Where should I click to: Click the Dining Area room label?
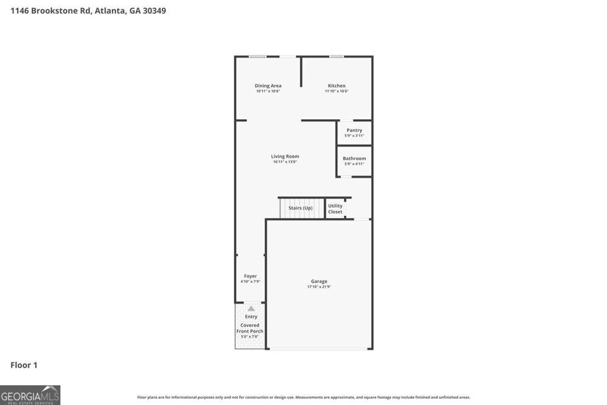268,85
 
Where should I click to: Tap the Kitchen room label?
337,85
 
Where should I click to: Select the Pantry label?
354,130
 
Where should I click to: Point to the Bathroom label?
354,158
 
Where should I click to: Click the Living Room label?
285,156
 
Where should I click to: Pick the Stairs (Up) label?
301,208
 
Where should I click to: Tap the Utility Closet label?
336,209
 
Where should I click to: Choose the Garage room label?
319,281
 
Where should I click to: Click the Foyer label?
250,276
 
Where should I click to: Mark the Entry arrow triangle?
251,308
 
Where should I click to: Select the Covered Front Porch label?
250,328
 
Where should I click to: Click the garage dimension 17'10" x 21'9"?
319,287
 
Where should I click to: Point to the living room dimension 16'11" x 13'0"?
285,162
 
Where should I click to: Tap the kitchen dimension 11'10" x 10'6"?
337,91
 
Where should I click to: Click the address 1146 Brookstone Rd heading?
88,11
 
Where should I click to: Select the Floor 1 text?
24,365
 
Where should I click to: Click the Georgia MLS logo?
30,395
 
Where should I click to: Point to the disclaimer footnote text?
303,397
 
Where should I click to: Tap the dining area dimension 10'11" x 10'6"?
268,91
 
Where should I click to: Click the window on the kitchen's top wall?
337,56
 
